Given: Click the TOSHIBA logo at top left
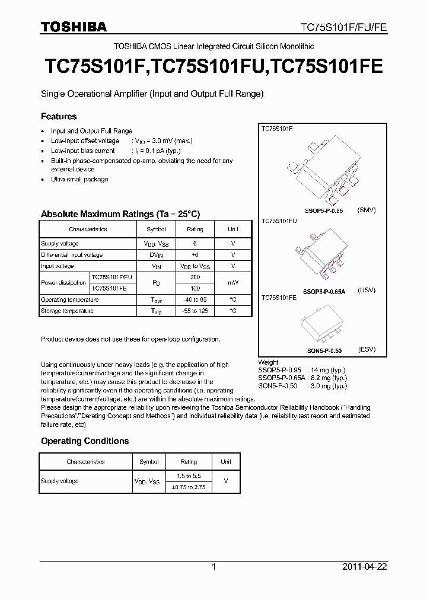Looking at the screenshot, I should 74,27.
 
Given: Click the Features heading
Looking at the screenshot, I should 59,117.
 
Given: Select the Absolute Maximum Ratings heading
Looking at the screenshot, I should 120,214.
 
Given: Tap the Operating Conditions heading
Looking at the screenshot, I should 85,441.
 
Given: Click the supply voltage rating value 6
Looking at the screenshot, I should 195,244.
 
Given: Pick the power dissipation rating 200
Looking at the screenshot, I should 195,277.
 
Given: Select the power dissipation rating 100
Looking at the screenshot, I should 195,288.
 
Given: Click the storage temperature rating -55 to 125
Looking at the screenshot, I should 195,311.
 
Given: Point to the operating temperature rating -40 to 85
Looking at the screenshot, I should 195,299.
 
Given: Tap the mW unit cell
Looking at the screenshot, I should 233,283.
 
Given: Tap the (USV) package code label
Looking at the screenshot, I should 367,291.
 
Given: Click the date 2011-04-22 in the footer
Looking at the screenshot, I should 365,567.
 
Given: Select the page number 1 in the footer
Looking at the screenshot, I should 213,567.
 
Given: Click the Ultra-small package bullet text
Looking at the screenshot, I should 79,179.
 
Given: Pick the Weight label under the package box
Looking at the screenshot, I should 268,362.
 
